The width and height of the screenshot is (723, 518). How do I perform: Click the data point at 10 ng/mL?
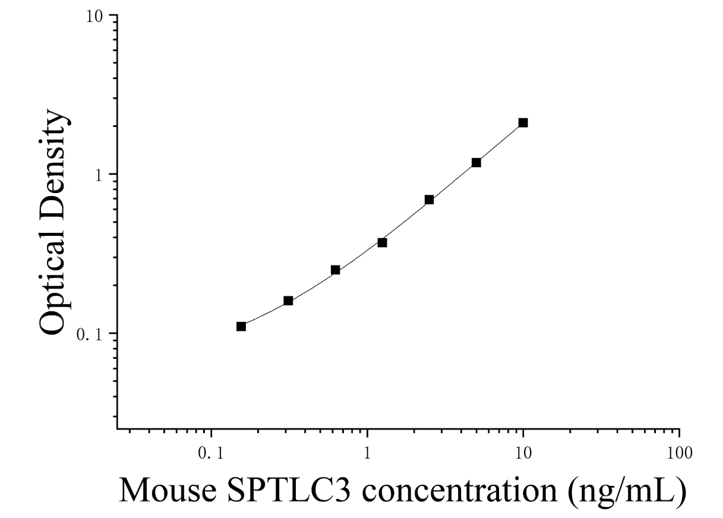pyautogui.click(x=523, y=122)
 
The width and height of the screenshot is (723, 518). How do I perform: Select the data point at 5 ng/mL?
pyautogui.click(x=476, y=163)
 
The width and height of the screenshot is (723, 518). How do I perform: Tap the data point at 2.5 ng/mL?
pyautogui.click(x=429, y=200)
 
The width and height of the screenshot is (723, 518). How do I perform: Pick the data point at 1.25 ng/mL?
pyautogui.click(x=382, y=242)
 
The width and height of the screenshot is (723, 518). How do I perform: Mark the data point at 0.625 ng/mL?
pyautogui.click(x=335, y=270)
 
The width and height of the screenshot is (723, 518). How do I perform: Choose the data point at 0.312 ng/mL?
pyautogui.click(x=288, y=301)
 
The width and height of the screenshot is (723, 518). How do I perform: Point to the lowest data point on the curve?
pyautogui.click(x=241, y=327)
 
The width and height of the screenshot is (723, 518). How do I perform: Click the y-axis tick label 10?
pyautogui.click(x=94, y=17)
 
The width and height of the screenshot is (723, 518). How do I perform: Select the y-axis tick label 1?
pyautogui.click(x=99, y=176)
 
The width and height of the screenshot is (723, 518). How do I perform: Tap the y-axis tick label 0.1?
pyautogui.click(x=90, y=335)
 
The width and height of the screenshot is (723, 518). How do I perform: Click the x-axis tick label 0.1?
pyautogui.click(x=211, y=453)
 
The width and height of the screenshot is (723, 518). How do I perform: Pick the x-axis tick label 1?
pyautogui.click(x=367, y=453)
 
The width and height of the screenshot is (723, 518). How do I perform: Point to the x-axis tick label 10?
pyautogui.click(x=523, y=453)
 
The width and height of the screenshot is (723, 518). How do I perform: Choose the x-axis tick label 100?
pyautogui.click(x=680, y=453)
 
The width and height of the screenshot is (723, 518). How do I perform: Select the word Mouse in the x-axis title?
pyautogui.click(x=168, y=490)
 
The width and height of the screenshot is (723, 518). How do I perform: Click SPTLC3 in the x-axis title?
pyautogui.click(x=289, y=490)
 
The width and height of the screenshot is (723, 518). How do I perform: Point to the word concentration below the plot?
pyautogui.click(x=460, y=490)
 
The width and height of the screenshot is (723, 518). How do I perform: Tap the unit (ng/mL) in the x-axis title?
pyautogui.click(x=627, y=492)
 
